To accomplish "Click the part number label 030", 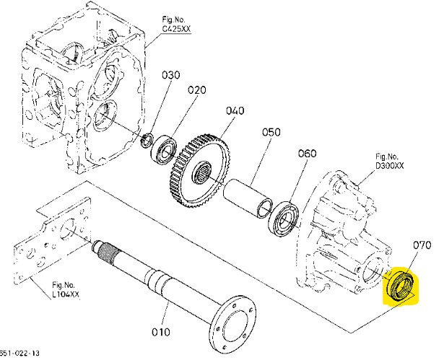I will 170,75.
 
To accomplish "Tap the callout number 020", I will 197,90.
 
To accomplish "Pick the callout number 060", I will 307,154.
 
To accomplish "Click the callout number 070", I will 422,246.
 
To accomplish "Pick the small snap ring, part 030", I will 146,140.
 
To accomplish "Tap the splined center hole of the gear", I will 205,172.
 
